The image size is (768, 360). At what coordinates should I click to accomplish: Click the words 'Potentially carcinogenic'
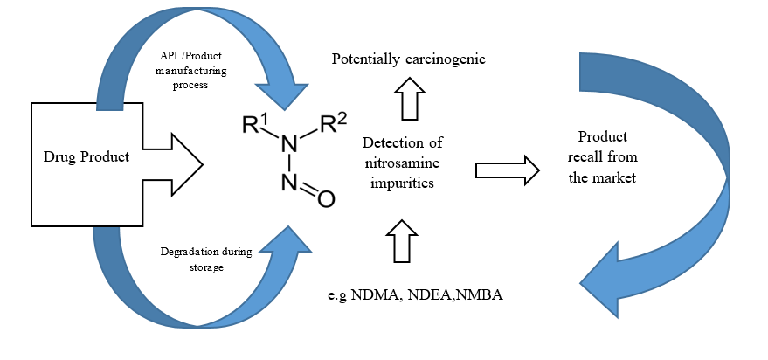click(408, 59)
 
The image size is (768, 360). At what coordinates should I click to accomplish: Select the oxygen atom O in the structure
click(324, 199)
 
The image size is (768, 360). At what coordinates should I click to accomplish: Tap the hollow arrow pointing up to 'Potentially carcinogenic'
click(407, 97)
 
